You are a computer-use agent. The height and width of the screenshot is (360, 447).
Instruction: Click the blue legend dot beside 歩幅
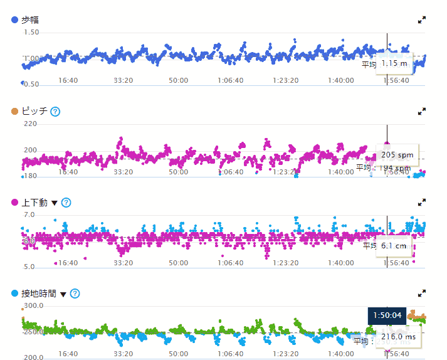[x=15, y=21]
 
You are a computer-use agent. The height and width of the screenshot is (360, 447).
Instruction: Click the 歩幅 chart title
[x=31, y=21]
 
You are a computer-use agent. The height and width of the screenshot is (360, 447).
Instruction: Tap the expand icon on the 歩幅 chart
[x=422, y=20]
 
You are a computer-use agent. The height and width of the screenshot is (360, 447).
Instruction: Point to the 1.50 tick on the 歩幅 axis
[x=30, y=32]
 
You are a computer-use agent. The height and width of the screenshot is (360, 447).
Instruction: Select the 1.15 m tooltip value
[x=394, y=63]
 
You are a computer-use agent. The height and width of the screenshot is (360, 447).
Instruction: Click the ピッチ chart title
[x=34, y=112]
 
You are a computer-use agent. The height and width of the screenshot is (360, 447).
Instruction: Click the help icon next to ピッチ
[x=55, y=112]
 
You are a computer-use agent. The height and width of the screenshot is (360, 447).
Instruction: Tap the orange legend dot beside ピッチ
[x=15, y=112]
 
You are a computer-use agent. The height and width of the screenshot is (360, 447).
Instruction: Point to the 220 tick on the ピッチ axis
[x=30, y=124]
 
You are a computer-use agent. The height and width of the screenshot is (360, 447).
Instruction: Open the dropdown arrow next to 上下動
[x=54, y=203]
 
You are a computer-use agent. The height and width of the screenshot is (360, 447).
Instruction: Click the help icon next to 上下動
[x=66, y=203]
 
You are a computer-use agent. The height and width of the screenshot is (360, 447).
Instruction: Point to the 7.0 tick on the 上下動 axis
[x=29, y=214]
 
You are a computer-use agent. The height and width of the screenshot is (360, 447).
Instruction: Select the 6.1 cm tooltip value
[x=394, y=246]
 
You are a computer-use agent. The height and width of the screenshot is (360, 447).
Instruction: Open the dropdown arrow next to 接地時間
[x=63, y=294]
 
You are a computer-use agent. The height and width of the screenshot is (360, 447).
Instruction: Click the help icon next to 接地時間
[x=75, y=294]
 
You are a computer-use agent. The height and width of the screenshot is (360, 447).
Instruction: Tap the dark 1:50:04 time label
[x=387, y=315]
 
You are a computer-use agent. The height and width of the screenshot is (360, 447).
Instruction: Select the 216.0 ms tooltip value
[x=399, y=337]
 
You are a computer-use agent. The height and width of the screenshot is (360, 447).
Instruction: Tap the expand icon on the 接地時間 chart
[x=422, y=293]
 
